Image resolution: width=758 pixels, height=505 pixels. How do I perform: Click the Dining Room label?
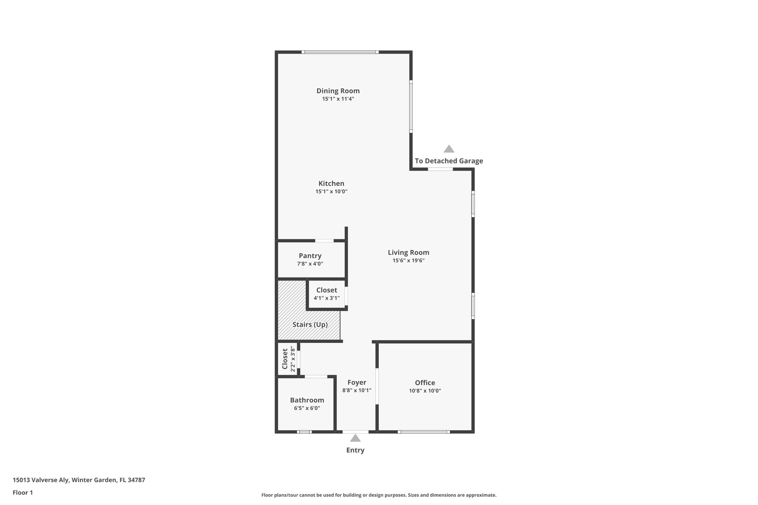338,91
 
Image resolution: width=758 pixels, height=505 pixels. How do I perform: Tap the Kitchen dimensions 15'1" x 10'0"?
331,192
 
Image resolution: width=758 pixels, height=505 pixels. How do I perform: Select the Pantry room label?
310,256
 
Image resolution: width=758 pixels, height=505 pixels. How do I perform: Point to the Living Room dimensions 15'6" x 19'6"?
408,260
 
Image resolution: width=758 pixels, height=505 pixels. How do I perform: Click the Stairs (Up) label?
310,324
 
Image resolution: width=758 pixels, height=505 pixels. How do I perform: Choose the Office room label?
425,383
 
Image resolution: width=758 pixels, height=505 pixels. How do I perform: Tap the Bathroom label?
307,400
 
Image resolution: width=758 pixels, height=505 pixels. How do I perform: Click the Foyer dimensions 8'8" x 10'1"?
357,390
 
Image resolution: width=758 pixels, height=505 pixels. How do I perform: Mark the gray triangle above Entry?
355,438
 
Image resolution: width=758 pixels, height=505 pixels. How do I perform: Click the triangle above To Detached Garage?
449,149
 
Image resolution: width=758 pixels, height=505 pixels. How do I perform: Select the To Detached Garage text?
449,161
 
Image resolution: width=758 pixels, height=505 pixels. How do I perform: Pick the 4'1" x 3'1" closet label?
326,298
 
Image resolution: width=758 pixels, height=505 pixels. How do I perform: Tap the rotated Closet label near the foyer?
285,359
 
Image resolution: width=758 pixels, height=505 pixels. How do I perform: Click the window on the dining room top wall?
340,52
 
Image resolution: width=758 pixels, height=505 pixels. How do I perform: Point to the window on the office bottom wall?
424,432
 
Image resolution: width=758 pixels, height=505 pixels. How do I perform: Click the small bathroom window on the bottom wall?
304,432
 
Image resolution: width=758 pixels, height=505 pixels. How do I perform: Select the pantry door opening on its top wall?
324,241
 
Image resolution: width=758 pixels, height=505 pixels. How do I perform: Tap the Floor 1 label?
23,492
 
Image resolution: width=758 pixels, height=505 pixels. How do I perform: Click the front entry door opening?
355,432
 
